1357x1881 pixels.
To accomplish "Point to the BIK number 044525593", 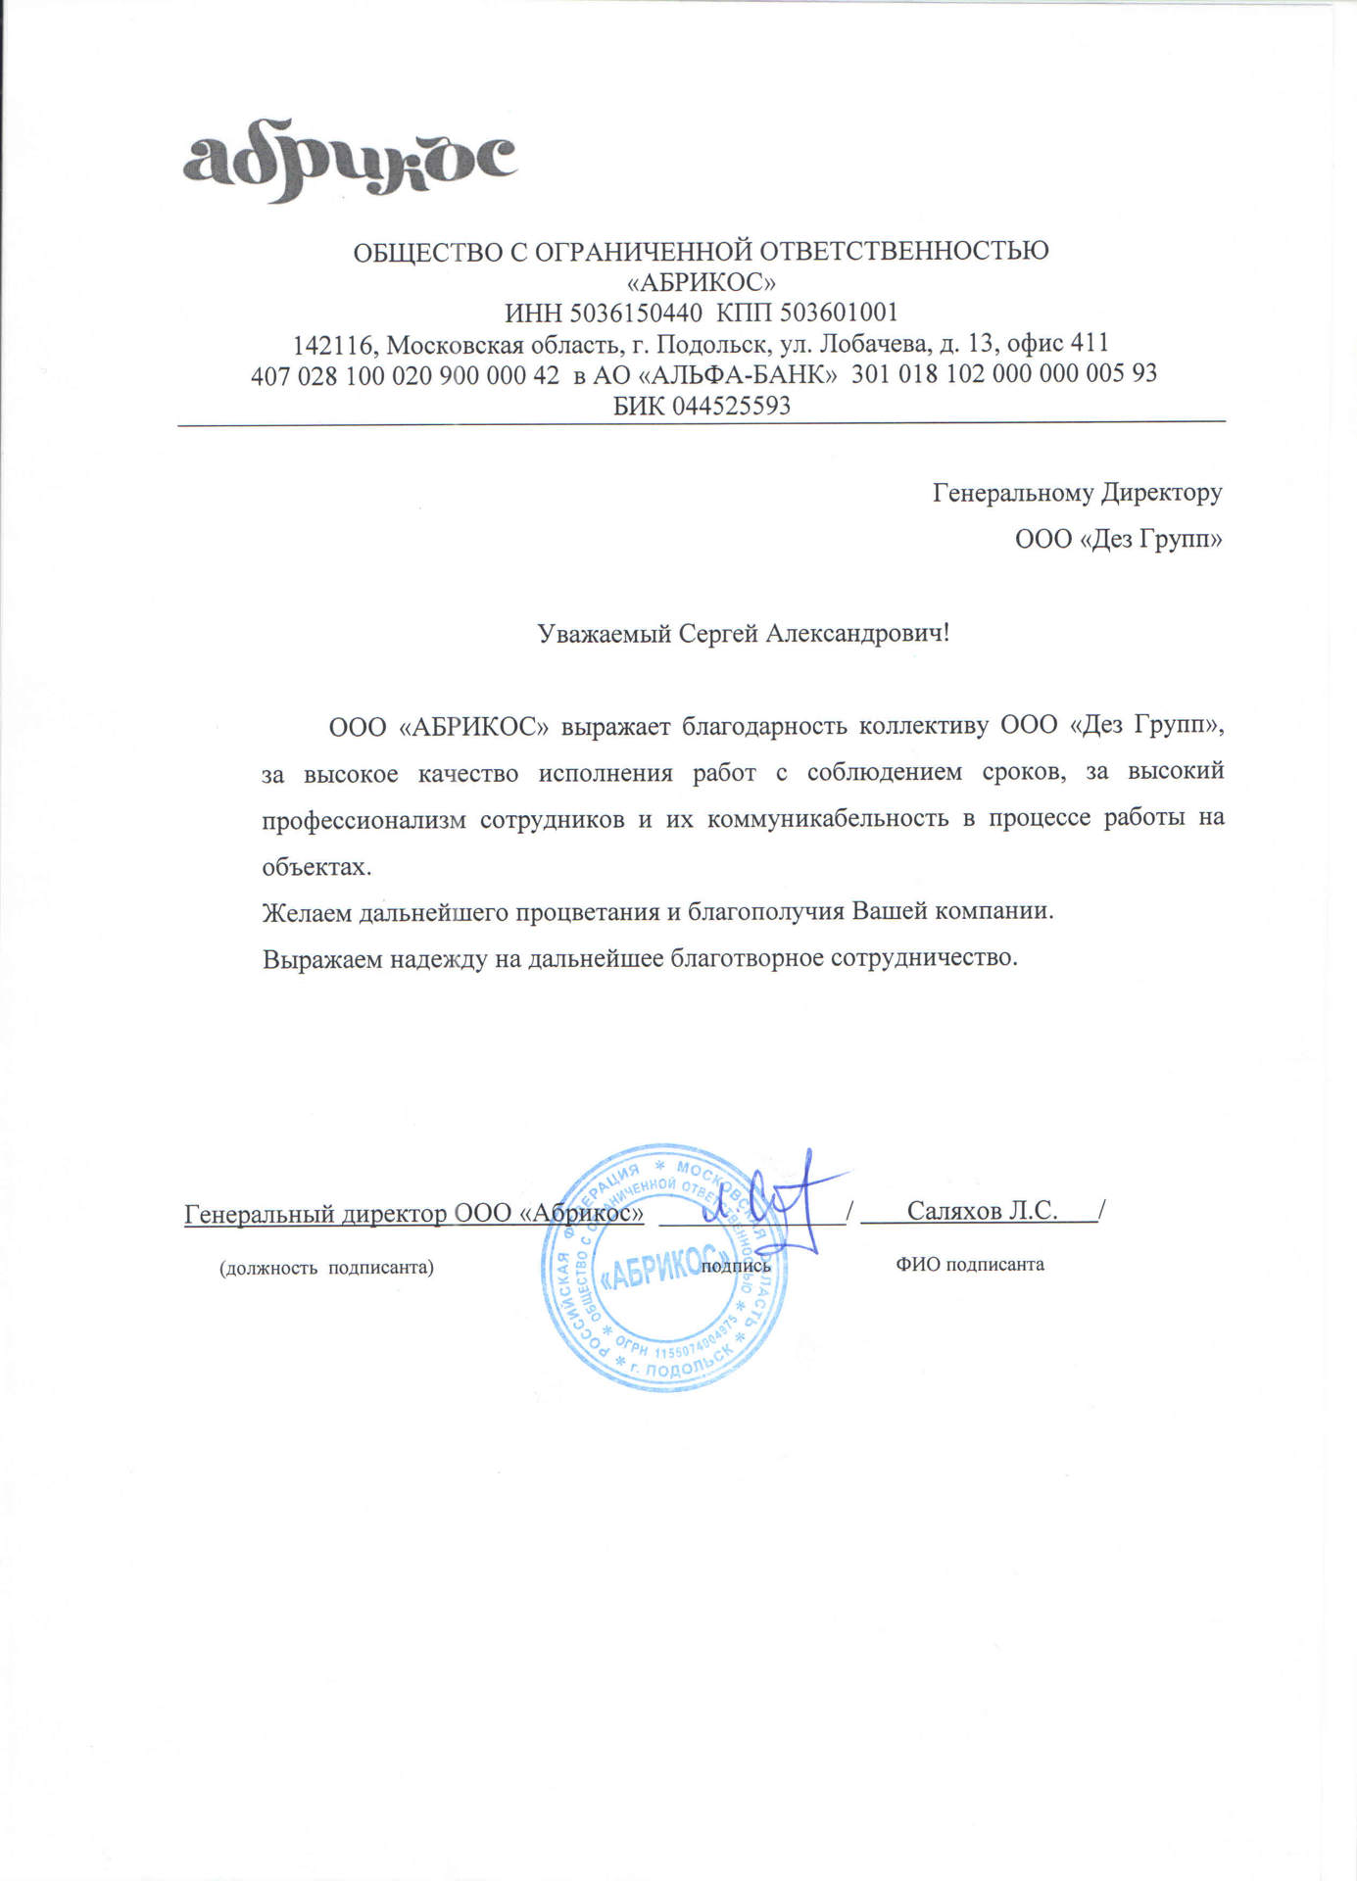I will click(x=731, y=406).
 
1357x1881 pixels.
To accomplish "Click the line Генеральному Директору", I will click(x=1077, y=492).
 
